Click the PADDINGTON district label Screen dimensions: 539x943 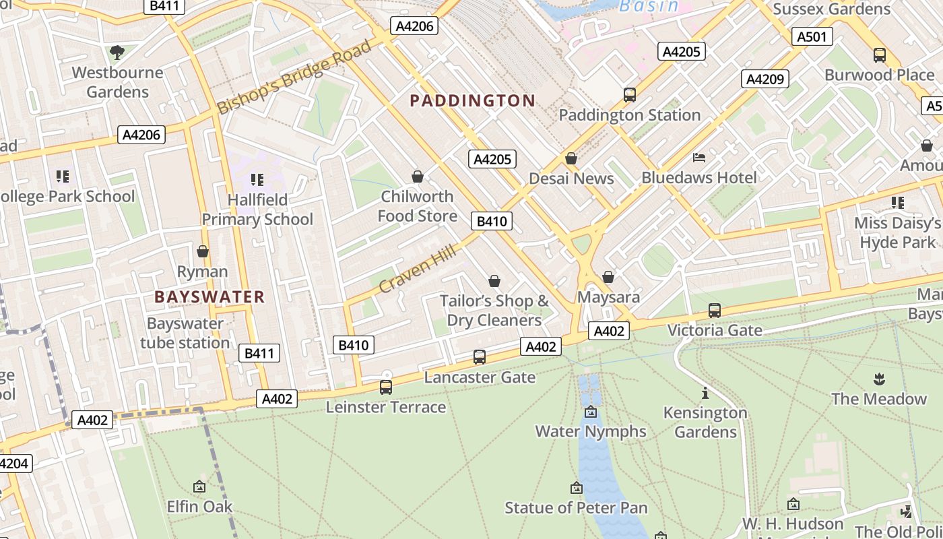point(473,101)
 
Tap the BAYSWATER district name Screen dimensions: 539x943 point(209,297)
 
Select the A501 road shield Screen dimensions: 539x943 point(811,36)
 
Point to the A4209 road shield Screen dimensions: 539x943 point(765,79)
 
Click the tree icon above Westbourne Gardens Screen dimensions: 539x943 point(117,52)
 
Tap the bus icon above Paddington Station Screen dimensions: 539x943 point(630,95)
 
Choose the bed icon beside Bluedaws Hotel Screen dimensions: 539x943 point(699,158)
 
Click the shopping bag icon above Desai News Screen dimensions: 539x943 point(571,158)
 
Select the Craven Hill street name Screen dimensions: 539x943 point(418,269)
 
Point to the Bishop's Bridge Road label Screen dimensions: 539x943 point(294,77)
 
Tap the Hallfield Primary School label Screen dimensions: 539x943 point(257,210)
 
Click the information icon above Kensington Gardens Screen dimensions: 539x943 point(705,393)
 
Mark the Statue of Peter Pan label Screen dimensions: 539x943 point(576,508)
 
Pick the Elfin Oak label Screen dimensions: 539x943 point(199,507)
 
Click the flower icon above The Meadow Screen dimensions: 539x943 point(878,379)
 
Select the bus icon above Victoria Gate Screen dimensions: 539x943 point(714,311)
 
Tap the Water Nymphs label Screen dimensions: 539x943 point(591,431)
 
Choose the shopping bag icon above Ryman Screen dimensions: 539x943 point(203,251)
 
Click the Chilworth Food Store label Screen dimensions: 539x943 point(418,206)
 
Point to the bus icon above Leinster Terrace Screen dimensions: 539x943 point(386,387)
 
